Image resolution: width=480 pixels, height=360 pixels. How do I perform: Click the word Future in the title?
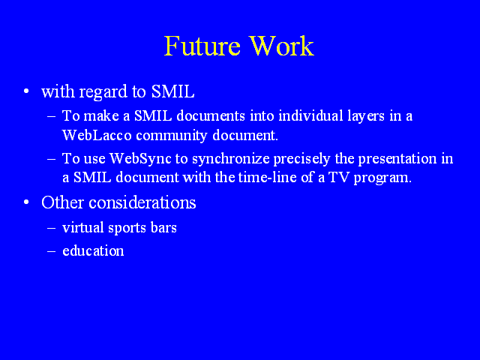[202, 46]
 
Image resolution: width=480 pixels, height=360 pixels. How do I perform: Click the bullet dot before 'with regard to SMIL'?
[26, 91]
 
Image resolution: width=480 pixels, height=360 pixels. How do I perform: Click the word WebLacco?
[97, 135]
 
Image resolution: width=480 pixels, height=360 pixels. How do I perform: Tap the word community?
[172, 136]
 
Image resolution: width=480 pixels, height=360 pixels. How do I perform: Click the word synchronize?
[231, 159]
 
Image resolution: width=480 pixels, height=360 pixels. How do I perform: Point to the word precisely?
[301, 159]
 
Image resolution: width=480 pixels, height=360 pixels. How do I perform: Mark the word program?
[382, 178]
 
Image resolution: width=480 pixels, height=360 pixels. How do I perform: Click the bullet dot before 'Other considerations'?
[26, 202]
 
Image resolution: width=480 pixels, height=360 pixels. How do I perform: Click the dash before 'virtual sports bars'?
[52, 228]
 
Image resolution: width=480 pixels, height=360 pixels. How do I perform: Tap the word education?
[93, 250]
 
